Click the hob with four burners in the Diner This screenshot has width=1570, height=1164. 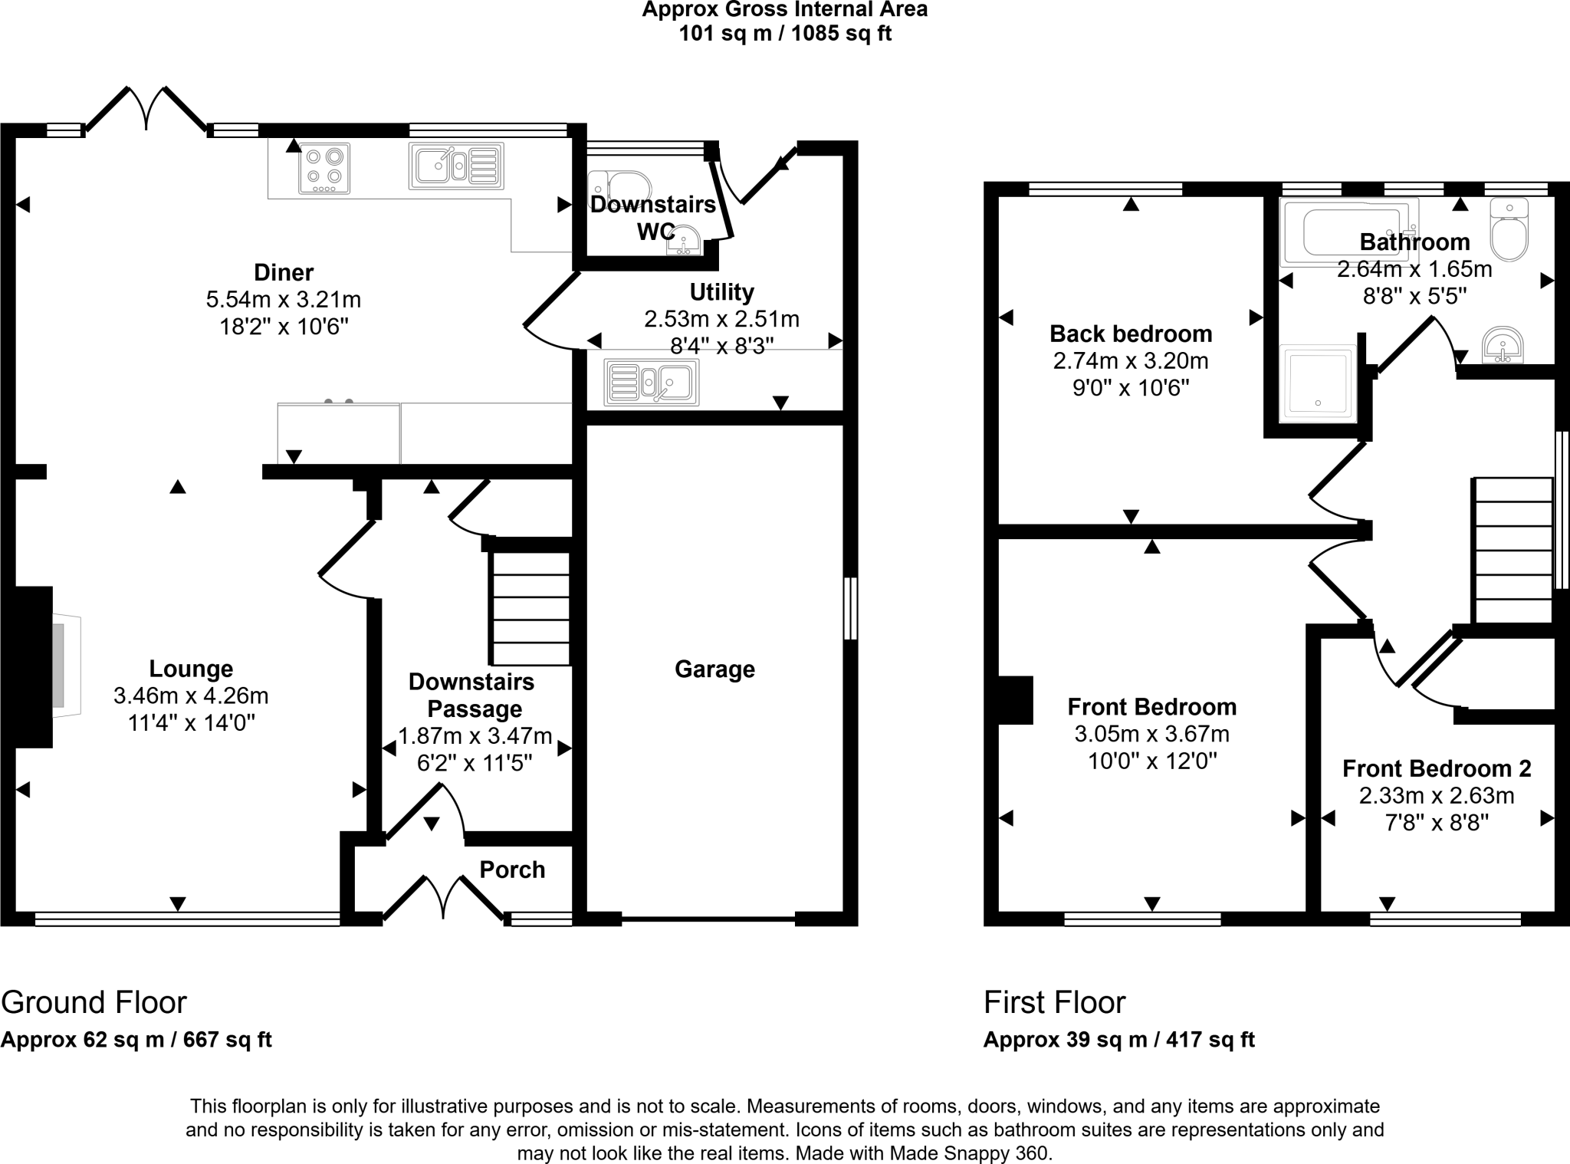click(324, 168)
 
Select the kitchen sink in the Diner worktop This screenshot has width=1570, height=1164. click(456, 166)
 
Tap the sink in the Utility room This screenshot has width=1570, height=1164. click(651, 381)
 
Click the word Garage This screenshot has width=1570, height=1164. click(714, 669)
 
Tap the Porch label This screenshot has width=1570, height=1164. click(512, 870)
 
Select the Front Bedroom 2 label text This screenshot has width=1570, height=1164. click(1437, 768)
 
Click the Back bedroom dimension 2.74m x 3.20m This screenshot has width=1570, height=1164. click(1131, 360)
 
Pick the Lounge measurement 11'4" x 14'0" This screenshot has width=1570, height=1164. click(191, 722)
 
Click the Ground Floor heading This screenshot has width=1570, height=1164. click(94, 1002)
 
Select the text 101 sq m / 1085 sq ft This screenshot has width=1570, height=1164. click(785, 34)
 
